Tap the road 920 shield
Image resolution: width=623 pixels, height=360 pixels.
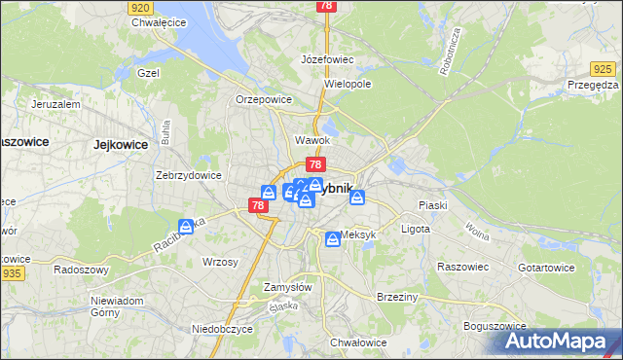click(140, 6)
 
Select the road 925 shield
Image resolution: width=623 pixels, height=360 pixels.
click(603, 68)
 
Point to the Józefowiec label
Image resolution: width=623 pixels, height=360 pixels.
click(327, 59)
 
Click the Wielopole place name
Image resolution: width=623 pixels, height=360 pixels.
click(348, 85)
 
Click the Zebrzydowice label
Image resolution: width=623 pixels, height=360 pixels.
click(189, 176)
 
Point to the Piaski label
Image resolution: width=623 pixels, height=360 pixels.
click(431, 205)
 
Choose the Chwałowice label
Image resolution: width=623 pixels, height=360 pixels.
click(359, 342)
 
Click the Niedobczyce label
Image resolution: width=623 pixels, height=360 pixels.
click(222, 329)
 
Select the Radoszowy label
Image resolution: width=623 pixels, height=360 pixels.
click(80, 270)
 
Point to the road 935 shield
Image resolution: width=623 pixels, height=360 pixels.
click(12, 275)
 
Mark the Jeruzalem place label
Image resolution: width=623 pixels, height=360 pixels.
click(55, 103)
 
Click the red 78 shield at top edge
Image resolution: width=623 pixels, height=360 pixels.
click(326, 6)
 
